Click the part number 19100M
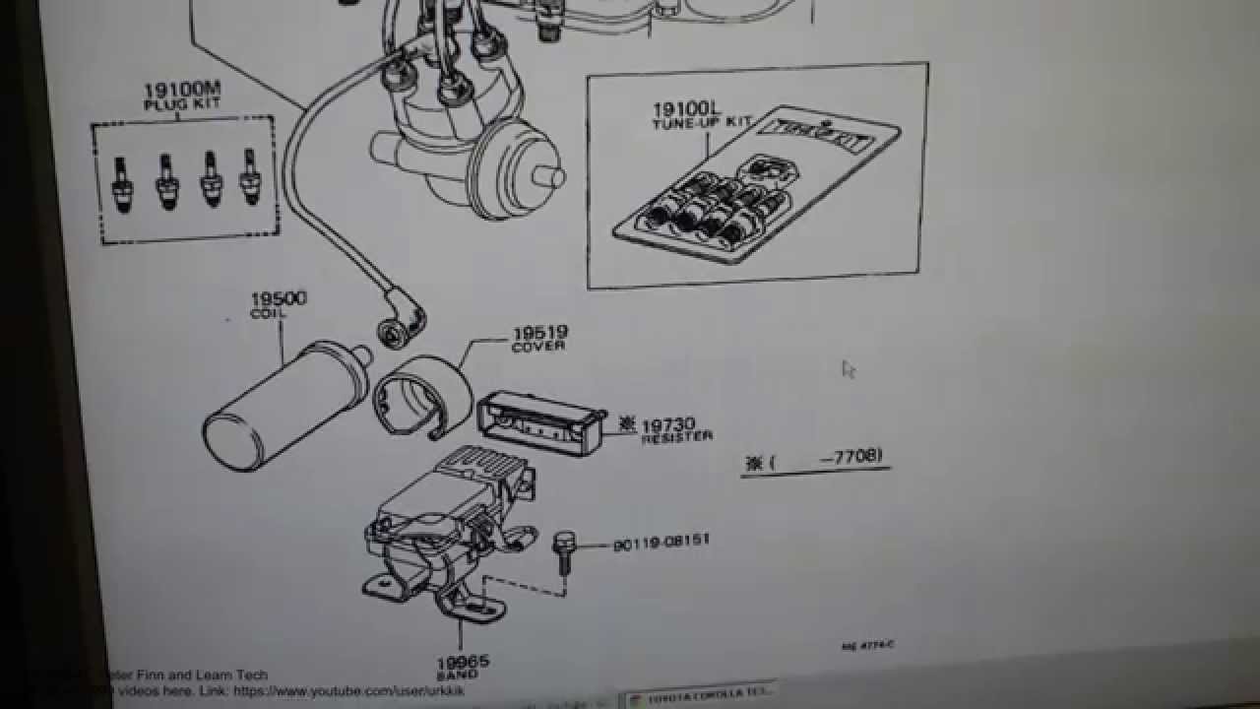pos(183,91)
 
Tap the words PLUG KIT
pos(182,104)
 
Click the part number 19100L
pos(680,109)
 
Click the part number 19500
pos(278,298)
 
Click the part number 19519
pos(539,335)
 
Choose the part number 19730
pos(668,425)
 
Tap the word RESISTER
pos(676,437)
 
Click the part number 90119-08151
pos(661,543)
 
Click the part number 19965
pos(463,663)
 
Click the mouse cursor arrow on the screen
pos(849,369)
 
